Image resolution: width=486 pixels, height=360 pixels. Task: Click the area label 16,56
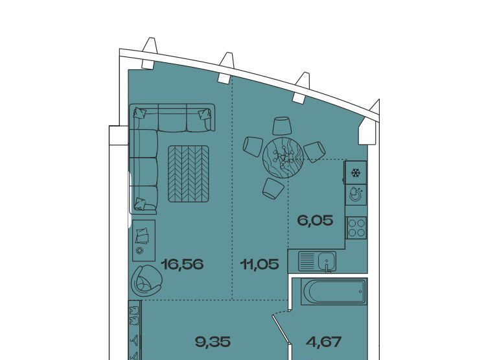(183, 265)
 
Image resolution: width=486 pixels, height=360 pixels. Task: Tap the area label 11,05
(259, 265)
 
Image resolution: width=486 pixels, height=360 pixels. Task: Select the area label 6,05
(315, 221)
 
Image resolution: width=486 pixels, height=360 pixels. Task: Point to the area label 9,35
(213, 342)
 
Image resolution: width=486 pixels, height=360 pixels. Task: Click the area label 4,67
(323, 342)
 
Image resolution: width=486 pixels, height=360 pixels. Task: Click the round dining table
(283, 158)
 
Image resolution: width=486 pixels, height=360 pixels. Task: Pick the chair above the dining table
(282, 126)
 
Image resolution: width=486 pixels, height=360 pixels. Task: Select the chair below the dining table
(273, 188)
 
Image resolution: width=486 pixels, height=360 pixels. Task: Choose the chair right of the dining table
(314, 152)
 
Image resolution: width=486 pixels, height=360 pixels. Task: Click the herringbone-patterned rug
(189, 174)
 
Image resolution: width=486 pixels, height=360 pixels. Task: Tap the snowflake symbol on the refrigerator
(356, 173)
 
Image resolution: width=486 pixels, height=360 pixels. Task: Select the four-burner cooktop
(356, 228)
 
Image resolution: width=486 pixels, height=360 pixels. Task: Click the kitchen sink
(317, 261)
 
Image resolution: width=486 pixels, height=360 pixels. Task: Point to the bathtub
(335, 291)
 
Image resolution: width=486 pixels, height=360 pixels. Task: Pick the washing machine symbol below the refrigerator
(356, 195)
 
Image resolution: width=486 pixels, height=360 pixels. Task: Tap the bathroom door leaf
(281, 330)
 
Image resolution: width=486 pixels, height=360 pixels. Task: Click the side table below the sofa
(144, 241)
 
